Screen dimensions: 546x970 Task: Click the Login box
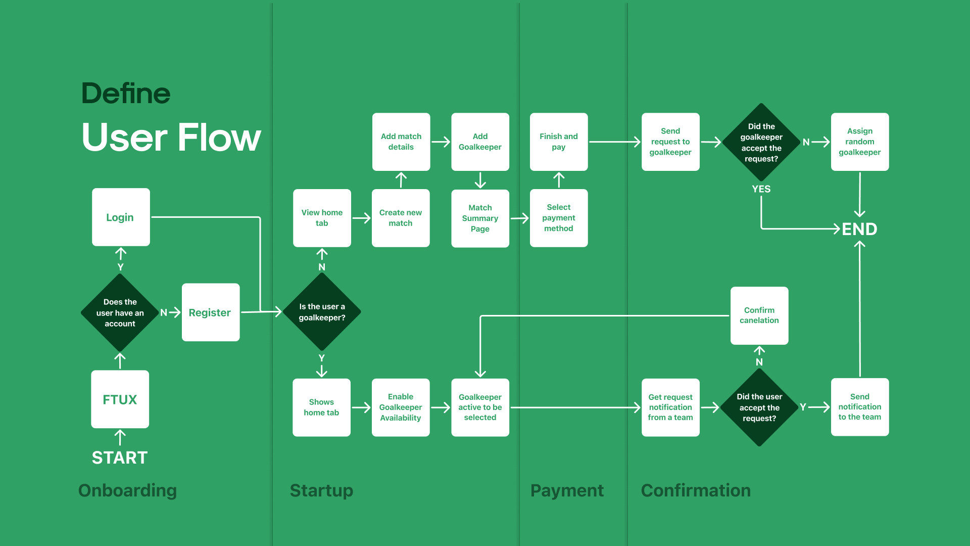pyautogui.click(x=121, y=217)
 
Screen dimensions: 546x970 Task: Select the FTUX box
pyautogui.click(x=120, y=399)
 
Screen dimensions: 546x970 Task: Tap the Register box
pyautogui.click(x=210, y=312)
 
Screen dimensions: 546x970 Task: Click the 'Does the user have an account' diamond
pyautogui.click(x=120, y=313)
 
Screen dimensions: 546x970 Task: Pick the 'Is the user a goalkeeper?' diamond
pyautogui.click(x=322, y=312)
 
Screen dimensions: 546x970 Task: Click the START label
pyautogui.click(x=120, y=458)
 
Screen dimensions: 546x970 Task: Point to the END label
pyautogui.click(x=859, y=229)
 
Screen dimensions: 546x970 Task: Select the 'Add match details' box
pyautogui.click(x=401, y=142)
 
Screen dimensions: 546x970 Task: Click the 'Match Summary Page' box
pyautogui.click(x=480, y=218)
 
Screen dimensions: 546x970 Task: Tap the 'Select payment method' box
pyautogui.click(x=559, y=218)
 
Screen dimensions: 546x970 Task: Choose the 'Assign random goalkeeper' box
pyautogui.click(x=860, y=142)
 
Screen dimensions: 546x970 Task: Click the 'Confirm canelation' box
pyautogui.click(x=759, y=315)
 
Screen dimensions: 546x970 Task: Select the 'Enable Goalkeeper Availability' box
pyautogui.click(x=401, y=407)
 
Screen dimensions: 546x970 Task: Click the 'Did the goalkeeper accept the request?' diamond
pyautogui.click(x=761, y=143)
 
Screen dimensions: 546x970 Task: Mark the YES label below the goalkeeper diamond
pyautogui.click(x=761, y=189)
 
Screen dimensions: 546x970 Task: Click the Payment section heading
pyautogui.click(x=567, y=490)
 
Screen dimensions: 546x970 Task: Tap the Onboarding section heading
pyautogui.click(x=127, y=490)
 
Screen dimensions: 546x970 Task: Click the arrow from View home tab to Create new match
pyautogui.click(x=361, y=218)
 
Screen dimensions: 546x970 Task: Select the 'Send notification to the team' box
pyautogui.click(x=860, y=407)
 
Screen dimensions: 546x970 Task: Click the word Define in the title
pyautogui.click(x=126, y=94)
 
